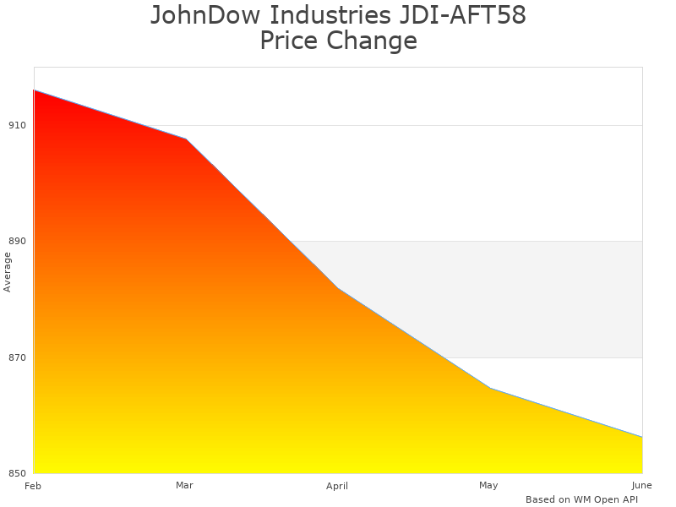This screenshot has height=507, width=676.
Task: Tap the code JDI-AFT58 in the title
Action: [461, 15]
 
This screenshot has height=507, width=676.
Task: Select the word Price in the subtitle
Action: [288, 41]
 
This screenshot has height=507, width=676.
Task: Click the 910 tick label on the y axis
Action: [18, 125]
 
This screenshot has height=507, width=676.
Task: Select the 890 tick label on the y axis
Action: [18, 241]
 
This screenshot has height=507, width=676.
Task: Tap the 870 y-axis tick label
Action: [18, 357]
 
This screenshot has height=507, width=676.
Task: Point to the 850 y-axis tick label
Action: [18, 473]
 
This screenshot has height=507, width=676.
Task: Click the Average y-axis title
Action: [8, 271]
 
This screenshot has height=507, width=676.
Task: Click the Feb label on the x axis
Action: [33, 486]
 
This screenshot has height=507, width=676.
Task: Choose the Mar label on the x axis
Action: [184, 486]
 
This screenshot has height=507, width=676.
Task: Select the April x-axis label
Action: [337, 486]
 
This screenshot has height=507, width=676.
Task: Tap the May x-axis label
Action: [488, 486]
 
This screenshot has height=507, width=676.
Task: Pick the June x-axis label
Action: [641, 486]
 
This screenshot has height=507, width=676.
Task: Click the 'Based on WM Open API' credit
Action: [581, 499]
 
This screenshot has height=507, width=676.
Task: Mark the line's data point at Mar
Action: [186, 139]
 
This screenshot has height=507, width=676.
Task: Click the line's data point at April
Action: [338, 288]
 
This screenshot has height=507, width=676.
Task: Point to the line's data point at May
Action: [490, 388]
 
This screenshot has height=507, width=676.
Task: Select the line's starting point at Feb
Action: [34, 90]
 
